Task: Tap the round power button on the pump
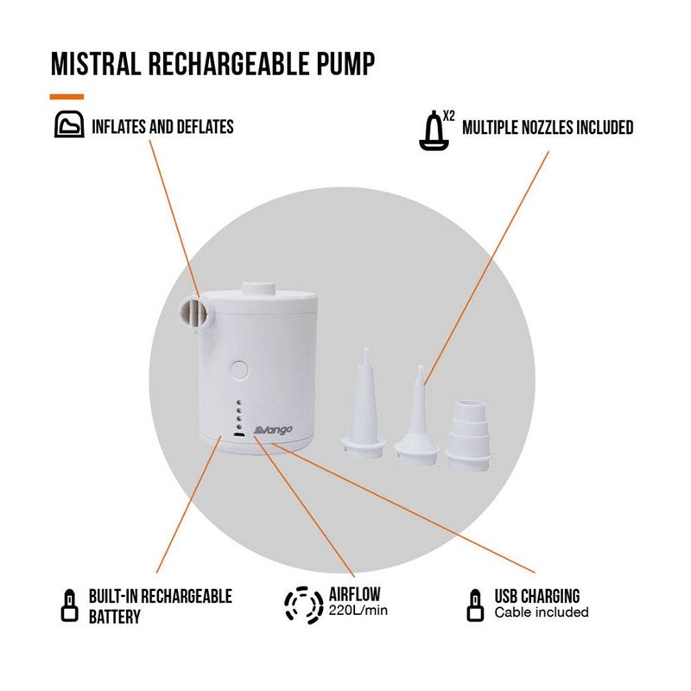click(240, 370)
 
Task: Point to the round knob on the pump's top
click(256, 290)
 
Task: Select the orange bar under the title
click(67, 96)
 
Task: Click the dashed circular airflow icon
click(301, 605)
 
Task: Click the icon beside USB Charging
click(473, 605)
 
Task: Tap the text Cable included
click(541, 612)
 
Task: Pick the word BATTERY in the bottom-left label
click(114, 617)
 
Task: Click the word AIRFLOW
click(355, 595)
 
